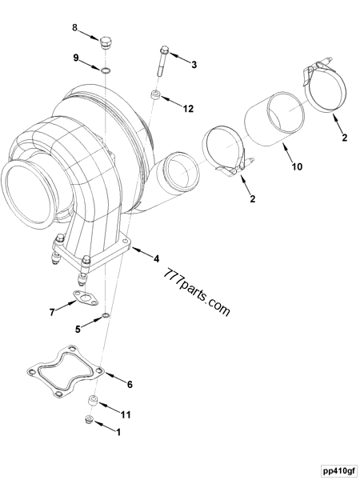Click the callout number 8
[x=74, y=29]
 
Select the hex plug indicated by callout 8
[x=106, y=41]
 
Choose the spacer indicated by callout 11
[x=93, y=400]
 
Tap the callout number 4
[x=157, y=258]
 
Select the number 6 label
[x=130, y=384]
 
